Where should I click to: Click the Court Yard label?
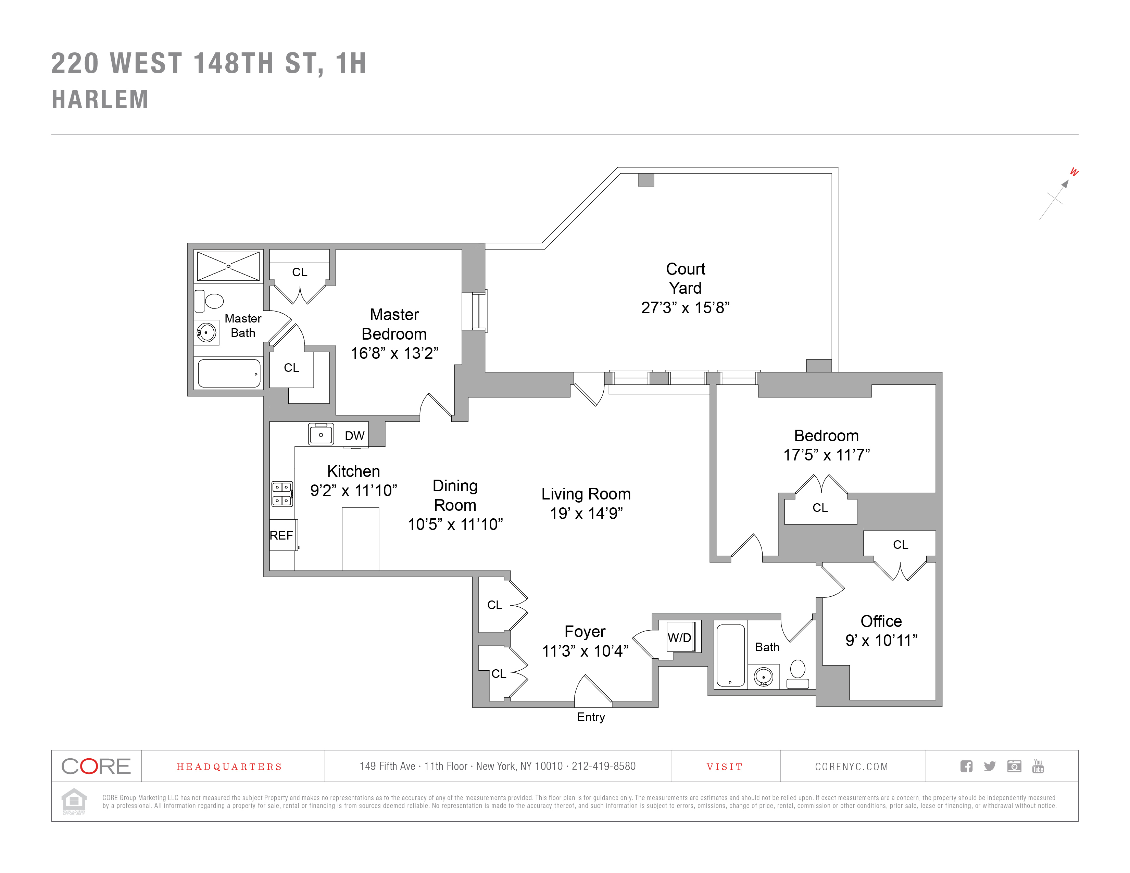(x=685, y=278)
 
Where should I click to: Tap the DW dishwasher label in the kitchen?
(x=354, y=435)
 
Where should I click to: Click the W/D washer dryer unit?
(x=680, y=637)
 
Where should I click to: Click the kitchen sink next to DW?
(x=321, y=434)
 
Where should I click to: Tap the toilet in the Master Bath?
(x=210, y=301)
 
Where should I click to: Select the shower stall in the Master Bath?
(x=228, y=266)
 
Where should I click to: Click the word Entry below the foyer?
(x=591, y=717)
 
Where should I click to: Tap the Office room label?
(x=881, y=621)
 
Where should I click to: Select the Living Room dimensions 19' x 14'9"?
(x=586, y=514)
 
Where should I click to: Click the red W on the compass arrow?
(x=1074, y=172)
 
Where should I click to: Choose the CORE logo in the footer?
(x=96, y=766)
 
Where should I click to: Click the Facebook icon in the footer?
(x=966, y=766)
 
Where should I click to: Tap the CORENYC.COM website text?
(x=852, y=767)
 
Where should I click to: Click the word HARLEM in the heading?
(x=100, y=99)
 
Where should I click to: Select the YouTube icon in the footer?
(x=1038, y=766)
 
